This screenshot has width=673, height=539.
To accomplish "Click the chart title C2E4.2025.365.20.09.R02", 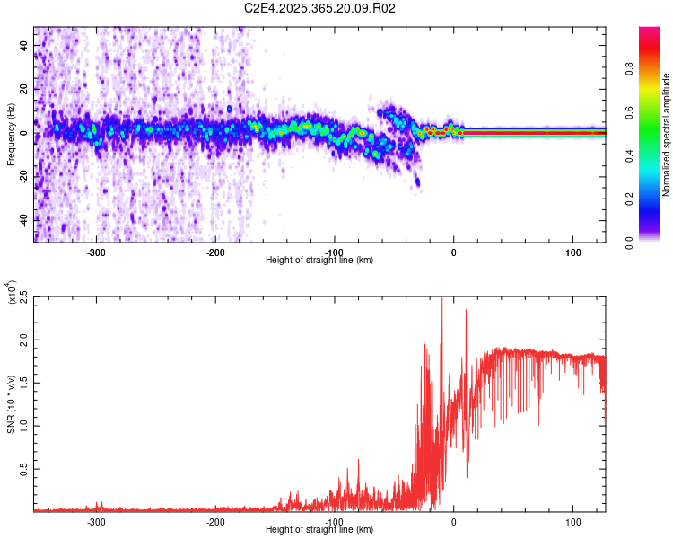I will point(320,8).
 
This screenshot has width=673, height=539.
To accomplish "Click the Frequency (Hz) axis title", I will point(11,135).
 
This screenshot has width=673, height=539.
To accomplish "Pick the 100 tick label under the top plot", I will point(572,252).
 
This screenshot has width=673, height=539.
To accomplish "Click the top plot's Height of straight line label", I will point(319,261).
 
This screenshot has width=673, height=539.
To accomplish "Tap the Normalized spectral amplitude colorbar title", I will point(666,135).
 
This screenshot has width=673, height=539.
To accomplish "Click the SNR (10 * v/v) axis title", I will point(11,404).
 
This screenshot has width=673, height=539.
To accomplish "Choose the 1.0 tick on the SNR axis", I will point(22,426).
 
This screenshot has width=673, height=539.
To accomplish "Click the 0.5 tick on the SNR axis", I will point(22,469).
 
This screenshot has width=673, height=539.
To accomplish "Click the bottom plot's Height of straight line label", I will point(319,530).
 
